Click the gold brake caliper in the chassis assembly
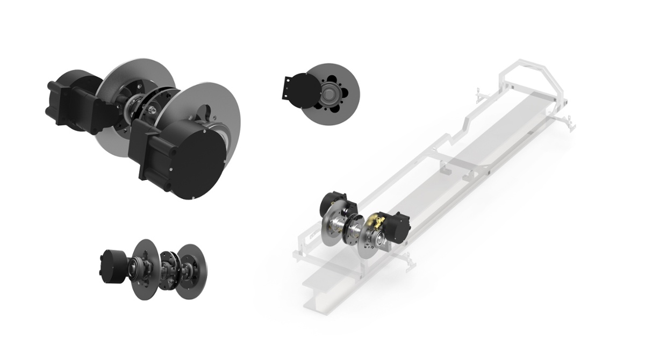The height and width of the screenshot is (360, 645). coord(375,220)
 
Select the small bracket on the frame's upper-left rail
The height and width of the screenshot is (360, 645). coord(480,97)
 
